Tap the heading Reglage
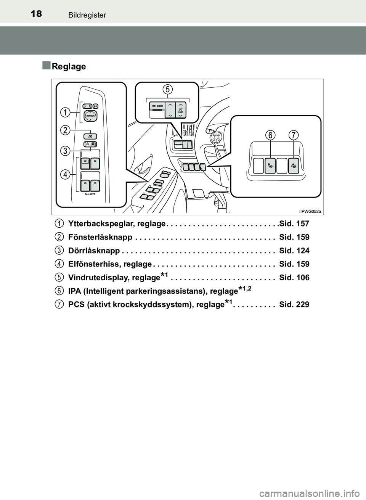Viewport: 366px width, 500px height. pos(69,66)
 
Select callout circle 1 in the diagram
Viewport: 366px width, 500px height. pos(66,112)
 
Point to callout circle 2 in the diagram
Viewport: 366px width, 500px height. pos(66,130)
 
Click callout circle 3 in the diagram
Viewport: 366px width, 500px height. pos(66,151)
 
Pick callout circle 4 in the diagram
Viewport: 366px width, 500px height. pos(66,174)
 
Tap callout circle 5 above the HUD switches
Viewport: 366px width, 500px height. pos(167,89)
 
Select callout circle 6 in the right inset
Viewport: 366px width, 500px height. pos(270,135)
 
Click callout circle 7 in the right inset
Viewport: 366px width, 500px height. pos(294,135)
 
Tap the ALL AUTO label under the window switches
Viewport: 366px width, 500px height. pos(90,194)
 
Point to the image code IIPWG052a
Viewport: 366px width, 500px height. pos(310,211)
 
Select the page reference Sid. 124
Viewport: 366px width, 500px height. pos(294,251)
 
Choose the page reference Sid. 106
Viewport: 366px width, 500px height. pos(294,278)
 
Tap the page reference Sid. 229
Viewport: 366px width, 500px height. pos(294,305)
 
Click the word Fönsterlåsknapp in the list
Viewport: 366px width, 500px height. pos(100,237)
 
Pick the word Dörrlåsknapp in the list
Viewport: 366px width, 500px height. pos(94,251)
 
